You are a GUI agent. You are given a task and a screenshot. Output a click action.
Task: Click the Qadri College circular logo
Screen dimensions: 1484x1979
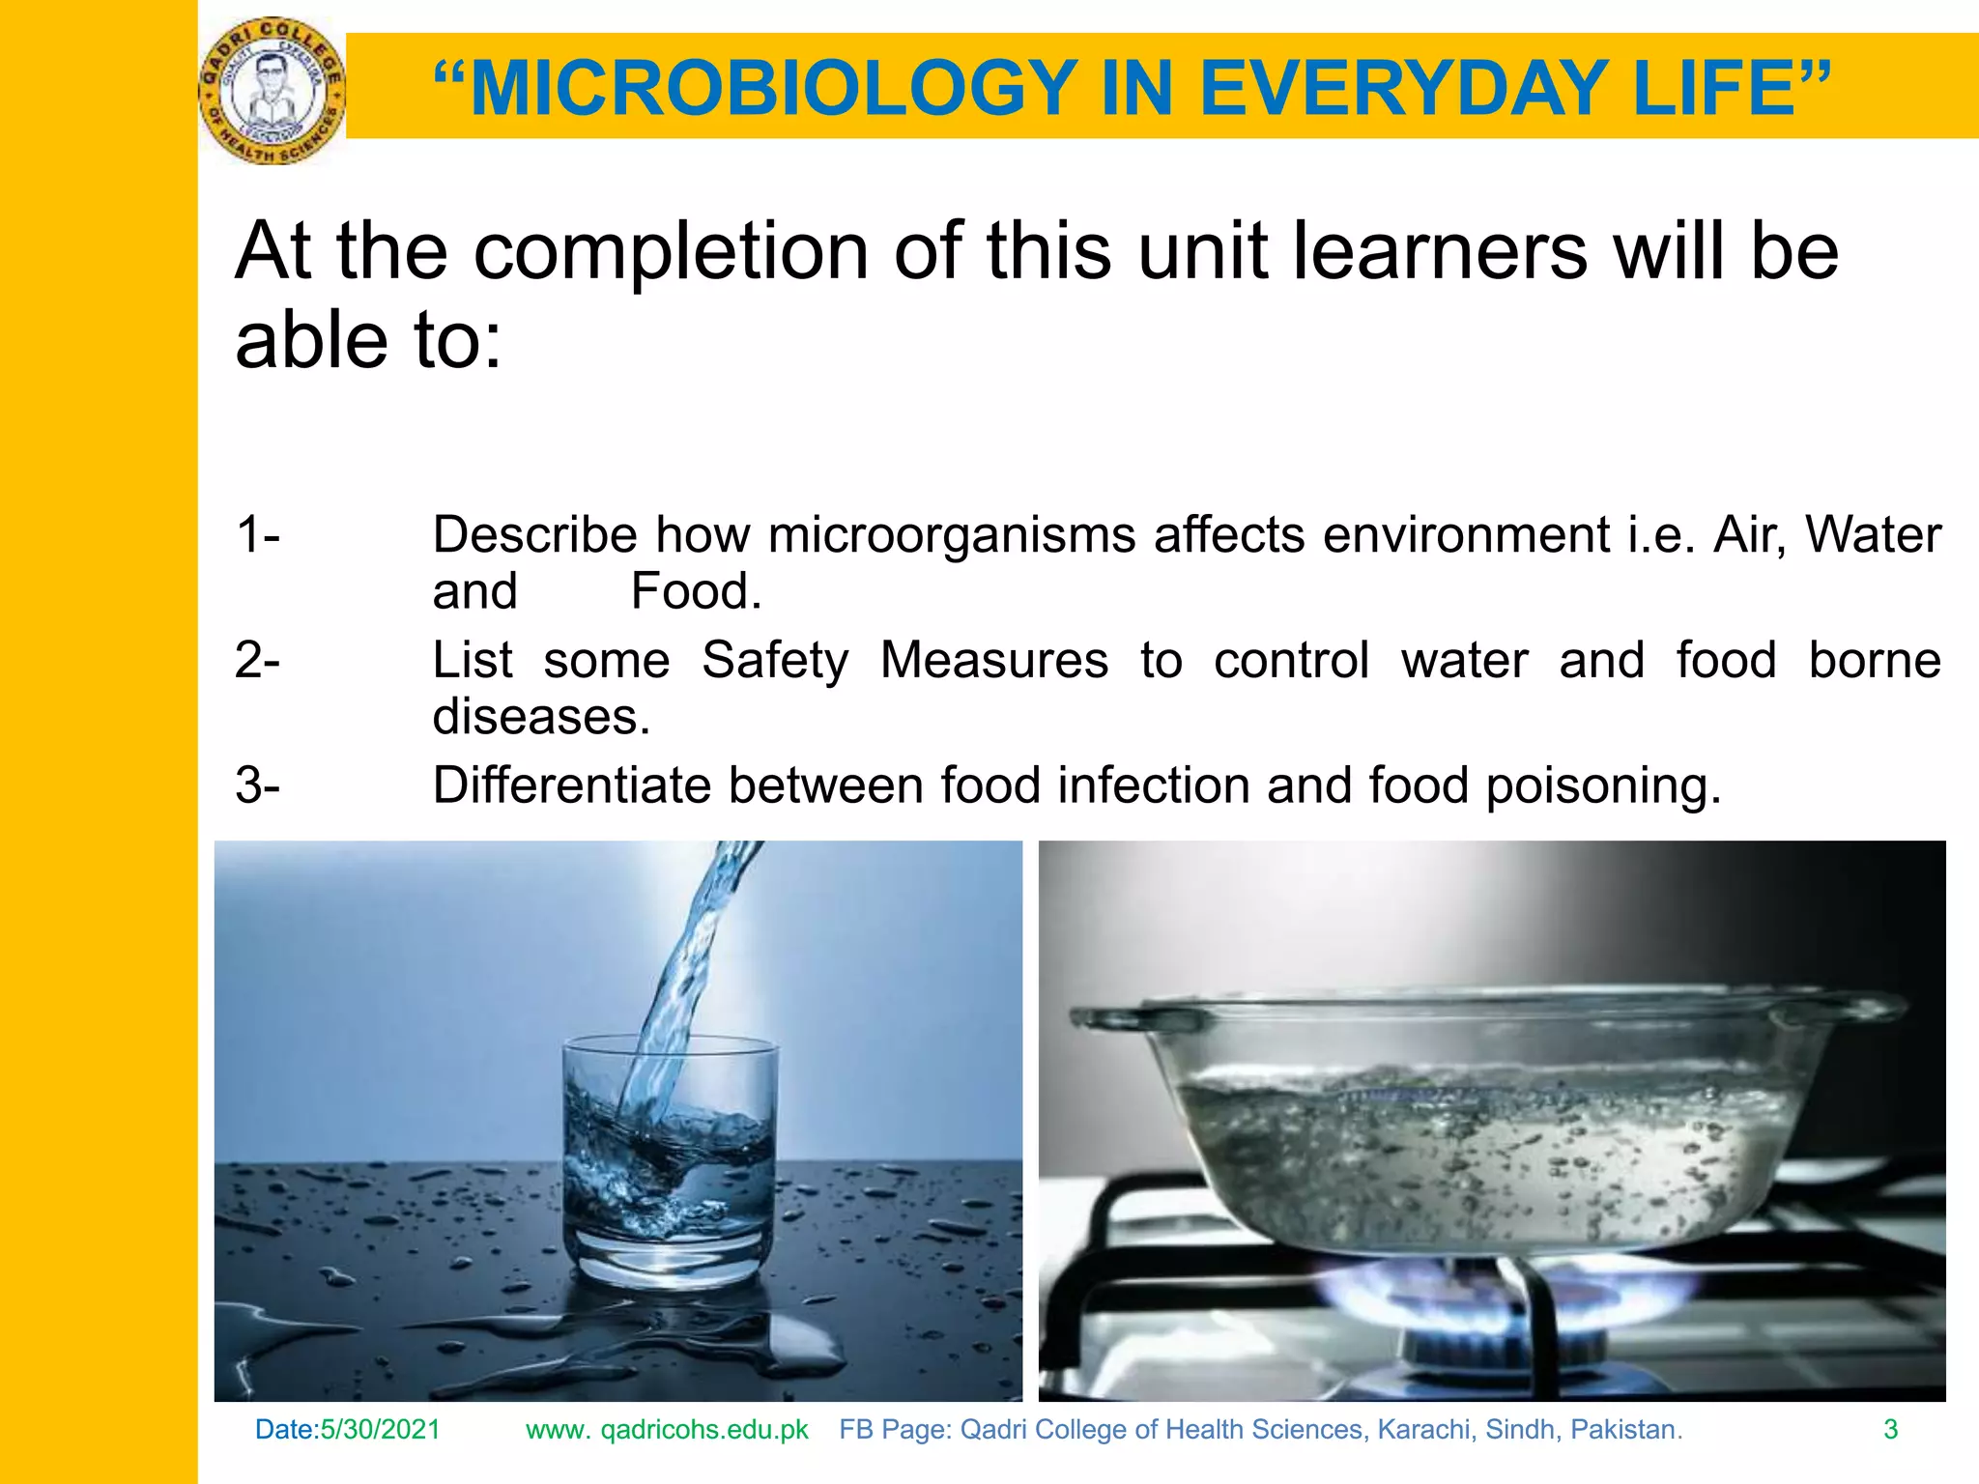272,91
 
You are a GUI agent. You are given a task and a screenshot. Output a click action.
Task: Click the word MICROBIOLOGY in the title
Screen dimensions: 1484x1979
773,89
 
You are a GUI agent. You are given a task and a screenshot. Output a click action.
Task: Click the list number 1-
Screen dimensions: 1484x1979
257,534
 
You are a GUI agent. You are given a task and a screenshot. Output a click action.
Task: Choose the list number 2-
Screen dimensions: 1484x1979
257,660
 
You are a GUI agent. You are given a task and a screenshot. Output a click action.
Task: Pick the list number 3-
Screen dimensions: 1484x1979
257,785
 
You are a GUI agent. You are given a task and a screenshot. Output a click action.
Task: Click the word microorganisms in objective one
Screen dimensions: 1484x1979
952,534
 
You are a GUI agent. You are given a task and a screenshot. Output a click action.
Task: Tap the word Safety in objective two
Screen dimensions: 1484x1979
775,660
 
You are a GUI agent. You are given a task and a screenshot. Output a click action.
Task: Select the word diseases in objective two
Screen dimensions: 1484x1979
541,717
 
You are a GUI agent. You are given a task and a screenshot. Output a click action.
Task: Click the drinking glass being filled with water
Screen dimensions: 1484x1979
669,1159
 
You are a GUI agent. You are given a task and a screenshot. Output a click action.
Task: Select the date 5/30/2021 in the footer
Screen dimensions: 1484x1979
380,1430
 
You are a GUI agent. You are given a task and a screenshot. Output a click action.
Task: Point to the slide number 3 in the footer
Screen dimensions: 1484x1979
1891,1430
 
